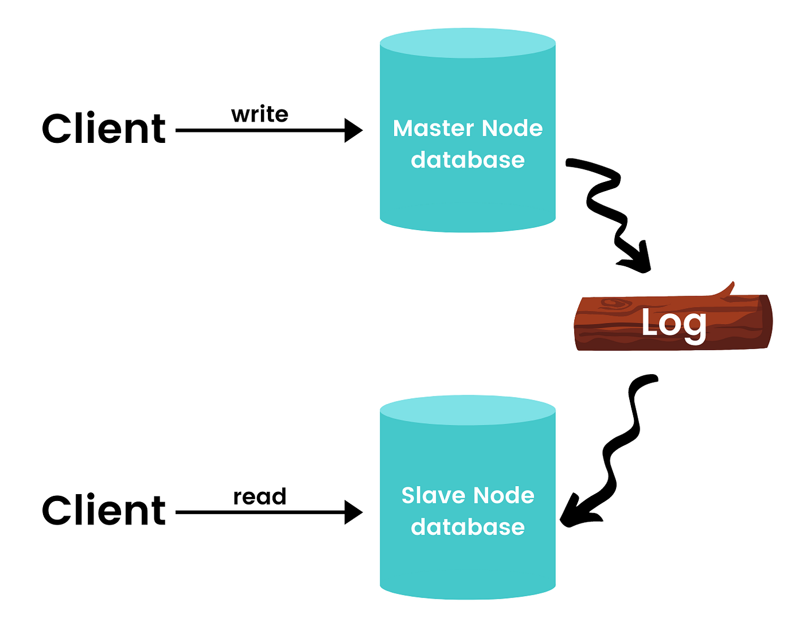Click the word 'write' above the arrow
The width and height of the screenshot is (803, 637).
(x=260, y=115)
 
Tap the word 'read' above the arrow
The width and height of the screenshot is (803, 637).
(x=260, y=497)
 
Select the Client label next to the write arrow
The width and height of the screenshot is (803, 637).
(x=104, y=129)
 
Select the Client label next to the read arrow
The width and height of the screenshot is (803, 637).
(x=104, y=510)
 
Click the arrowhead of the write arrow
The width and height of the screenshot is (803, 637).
(x=353, y=130)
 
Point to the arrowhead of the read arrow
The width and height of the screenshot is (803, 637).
(x=353, y=512)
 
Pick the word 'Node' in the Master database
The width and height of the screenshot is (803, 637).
(x=512, y=129)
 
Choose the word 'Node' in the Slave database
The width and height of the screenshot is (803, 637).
(x=504, y=495)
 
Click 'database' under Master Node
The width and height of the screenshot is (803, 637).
(x=467, y=160)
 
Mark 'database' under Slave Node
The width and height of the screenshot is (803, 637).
(x=467, y=527)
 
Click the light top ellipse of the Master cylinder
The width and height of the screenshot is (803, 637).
(x=467, y=43)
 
